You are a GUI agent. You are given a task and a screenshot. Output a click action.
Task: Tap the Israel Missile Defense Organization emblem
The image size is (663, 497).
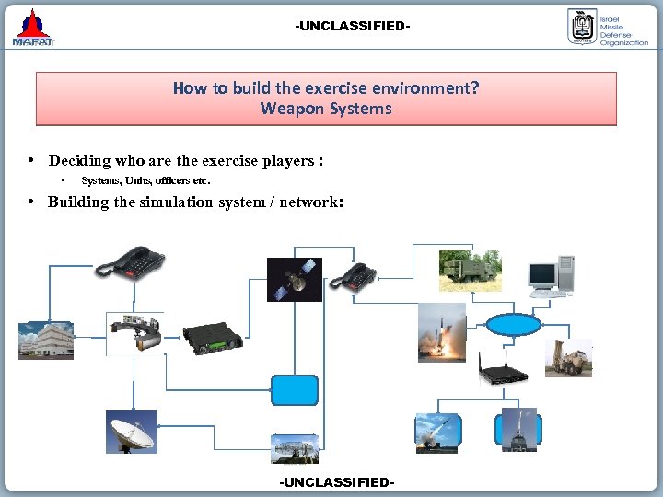(582, 27)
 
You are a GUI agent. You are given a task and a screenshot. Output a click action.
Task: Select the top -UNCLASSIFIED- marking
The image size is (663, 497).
(353, 26)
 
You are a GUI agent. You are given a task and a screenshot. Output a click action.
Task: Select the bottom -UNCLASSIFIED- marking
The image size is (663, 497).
(336, 482)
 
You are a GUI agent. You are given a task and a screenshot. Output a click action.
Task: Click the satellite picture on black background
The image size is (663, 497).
(295, 280)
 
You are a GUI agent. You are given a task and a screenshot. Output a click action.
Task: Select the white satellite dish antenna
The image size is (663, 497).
(131, 432)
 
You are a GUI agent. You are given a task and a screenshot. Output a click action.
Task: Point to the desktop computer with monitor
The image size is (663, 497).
(551, 273)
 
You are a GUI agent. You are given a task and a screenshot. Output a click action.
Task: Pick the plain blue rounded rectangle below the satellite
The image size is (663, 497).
(295, 390)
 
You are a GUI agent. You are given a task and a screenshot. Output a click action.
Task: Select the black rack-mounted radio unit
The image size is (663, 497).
(211, 340)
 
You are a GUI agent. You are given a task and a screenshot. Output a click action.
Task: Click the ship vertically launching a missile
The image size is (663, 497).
(518, 430)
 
